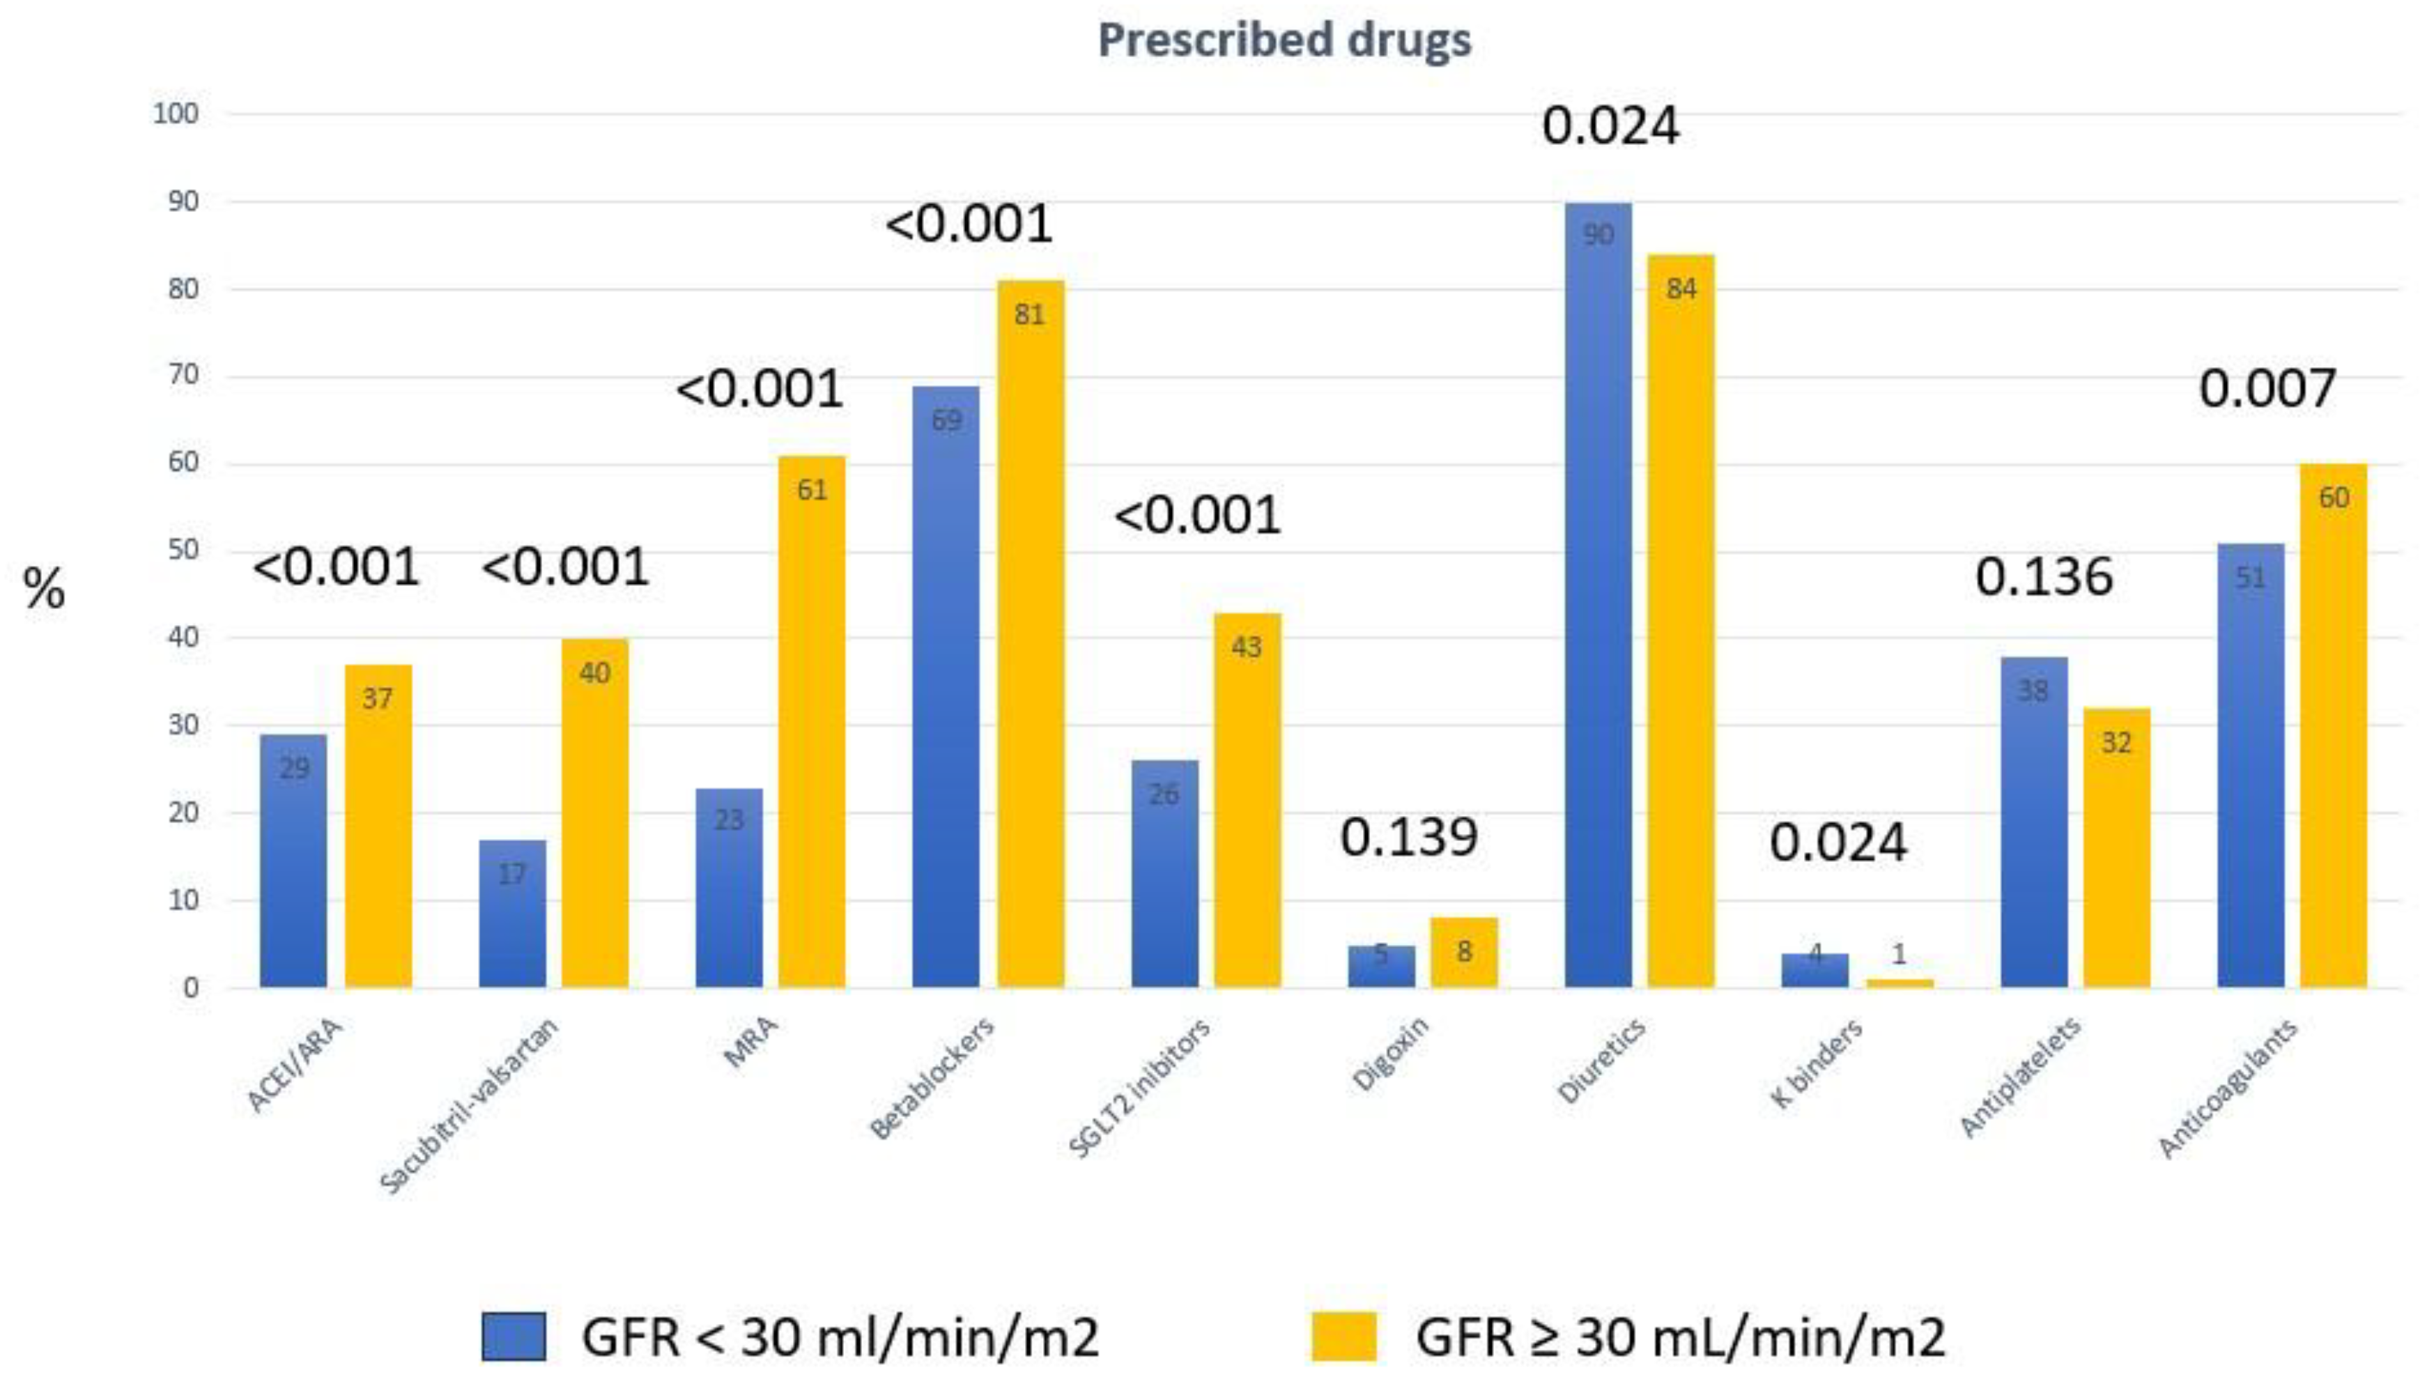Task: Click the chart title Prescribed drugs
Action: [1284, 40]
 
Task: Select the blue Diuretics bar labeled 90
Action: [1598, 593]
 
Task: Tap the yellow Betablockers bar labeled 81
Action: [1031, 631]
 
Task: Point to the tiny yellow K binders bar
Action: [1899, 983]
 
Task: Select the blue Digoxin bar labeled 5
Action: [1380, 967]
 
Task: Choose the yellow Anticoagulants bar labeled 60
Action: [2333, 727]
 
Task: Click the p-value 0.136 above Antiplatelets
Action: [2043, 578]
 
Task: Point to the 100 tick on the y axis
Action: [176, 114]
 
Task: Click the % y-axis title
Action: [44, 587]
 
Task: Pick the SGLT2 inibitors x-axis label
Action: [1139, 1088]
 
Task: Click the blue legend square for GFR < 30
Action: [514, 1337]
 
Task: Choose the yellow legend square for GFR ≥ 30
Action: [1343, 1337]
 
